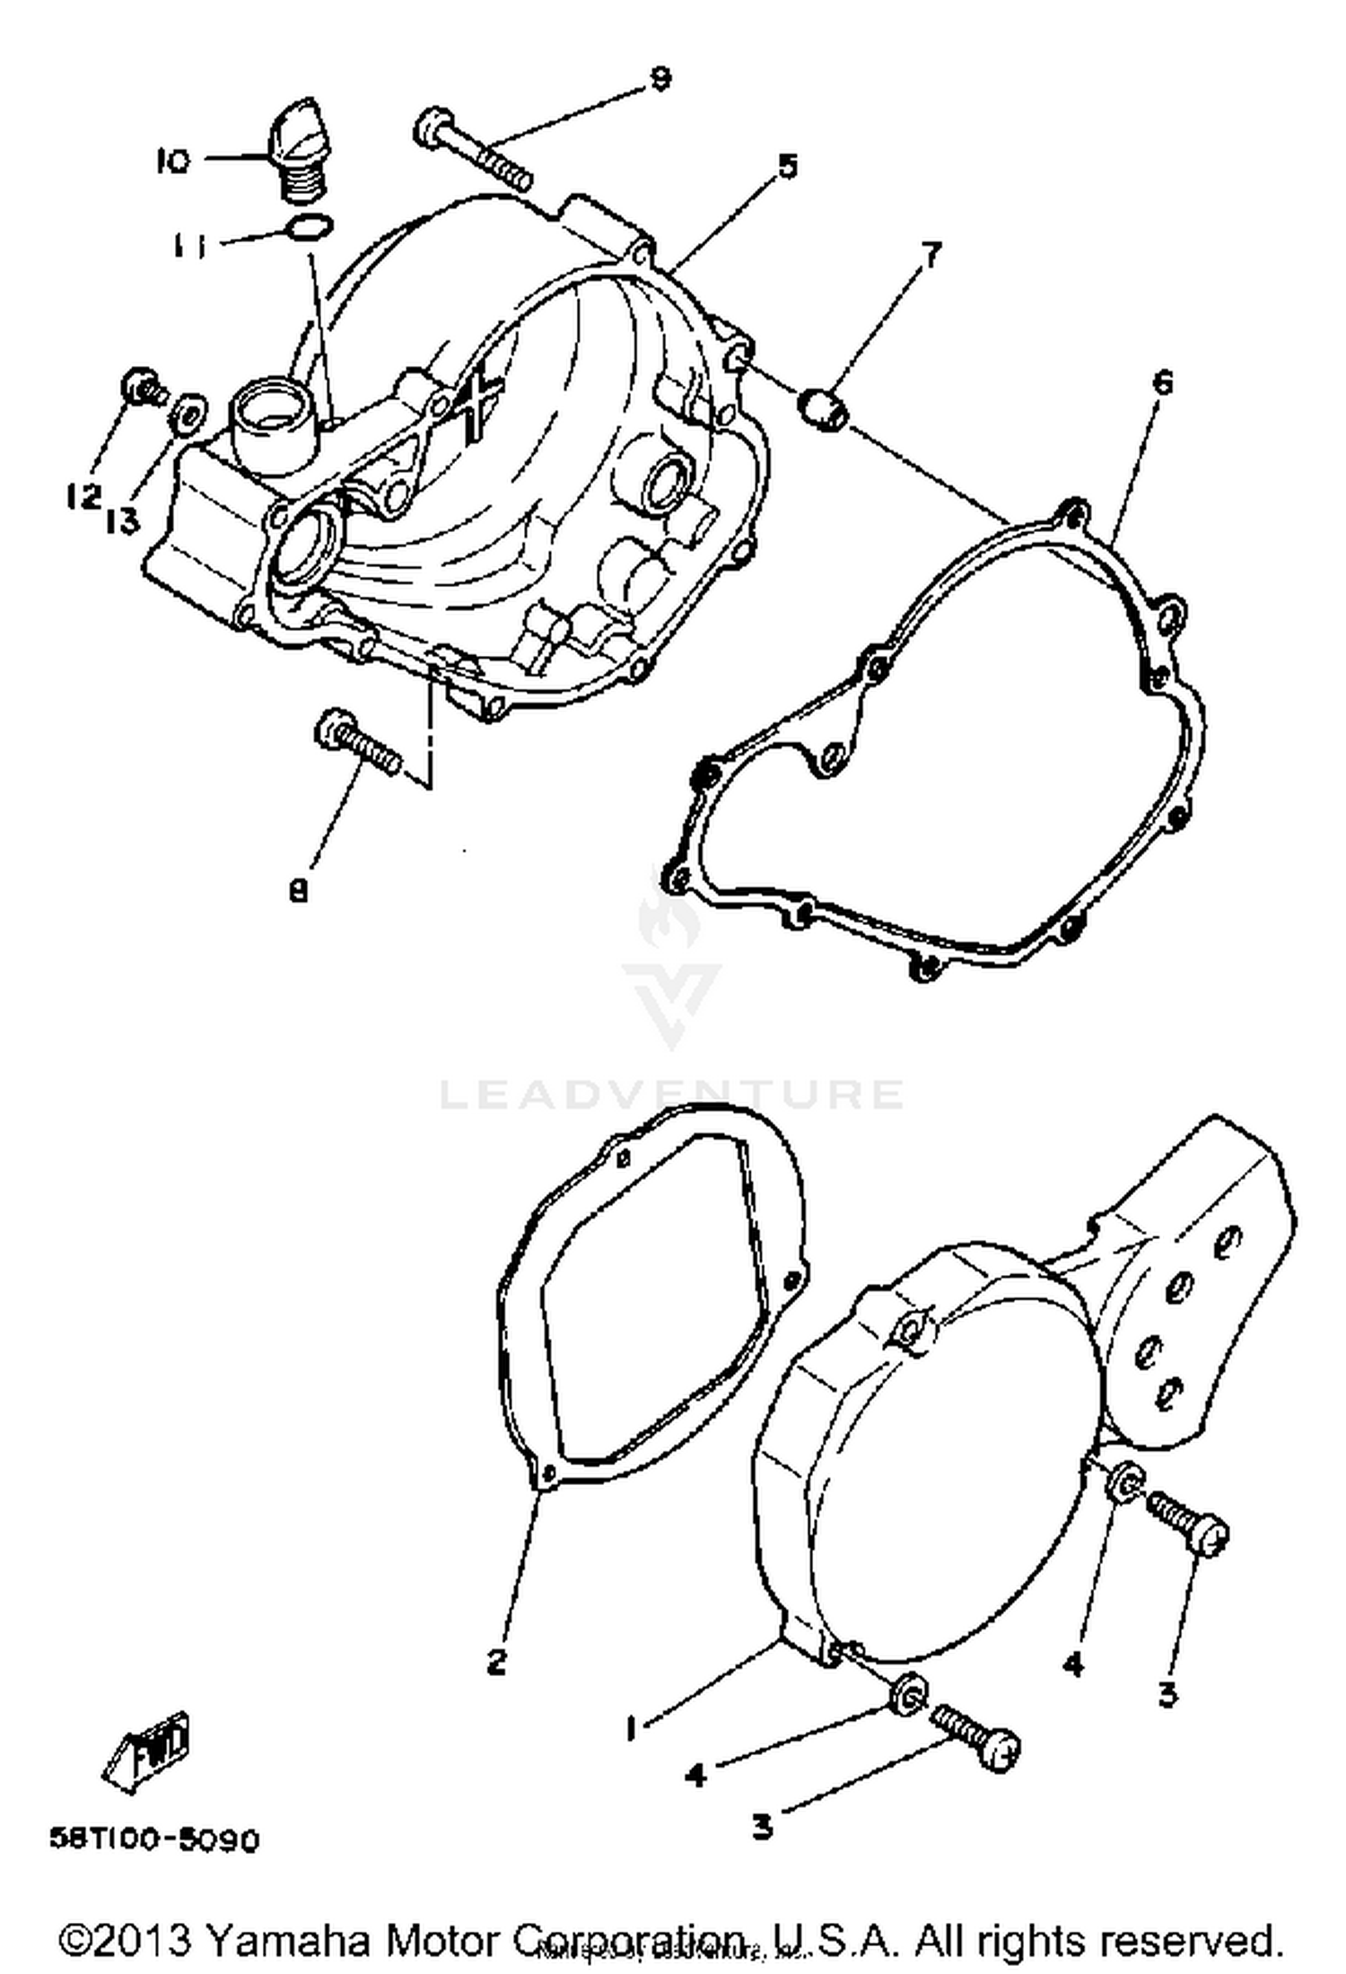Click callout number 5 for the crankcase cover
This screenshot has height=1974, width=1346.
(x=786, y=166)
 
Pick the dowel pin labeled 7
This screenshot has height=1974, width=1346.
(x=825, y=408)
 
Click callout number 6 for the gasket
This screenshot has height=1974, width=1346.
(x=1162, y=384)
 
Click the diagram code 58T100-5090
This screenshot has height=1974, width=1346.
(x=153, y=1840)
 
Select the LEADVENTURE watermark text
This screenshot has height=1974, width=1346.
(x=671, y=1094)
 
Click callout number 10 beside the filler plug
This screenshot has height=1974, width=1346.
(x=172, y=162)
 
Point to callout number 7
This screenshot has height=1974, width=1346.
(x=931, y=257)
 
